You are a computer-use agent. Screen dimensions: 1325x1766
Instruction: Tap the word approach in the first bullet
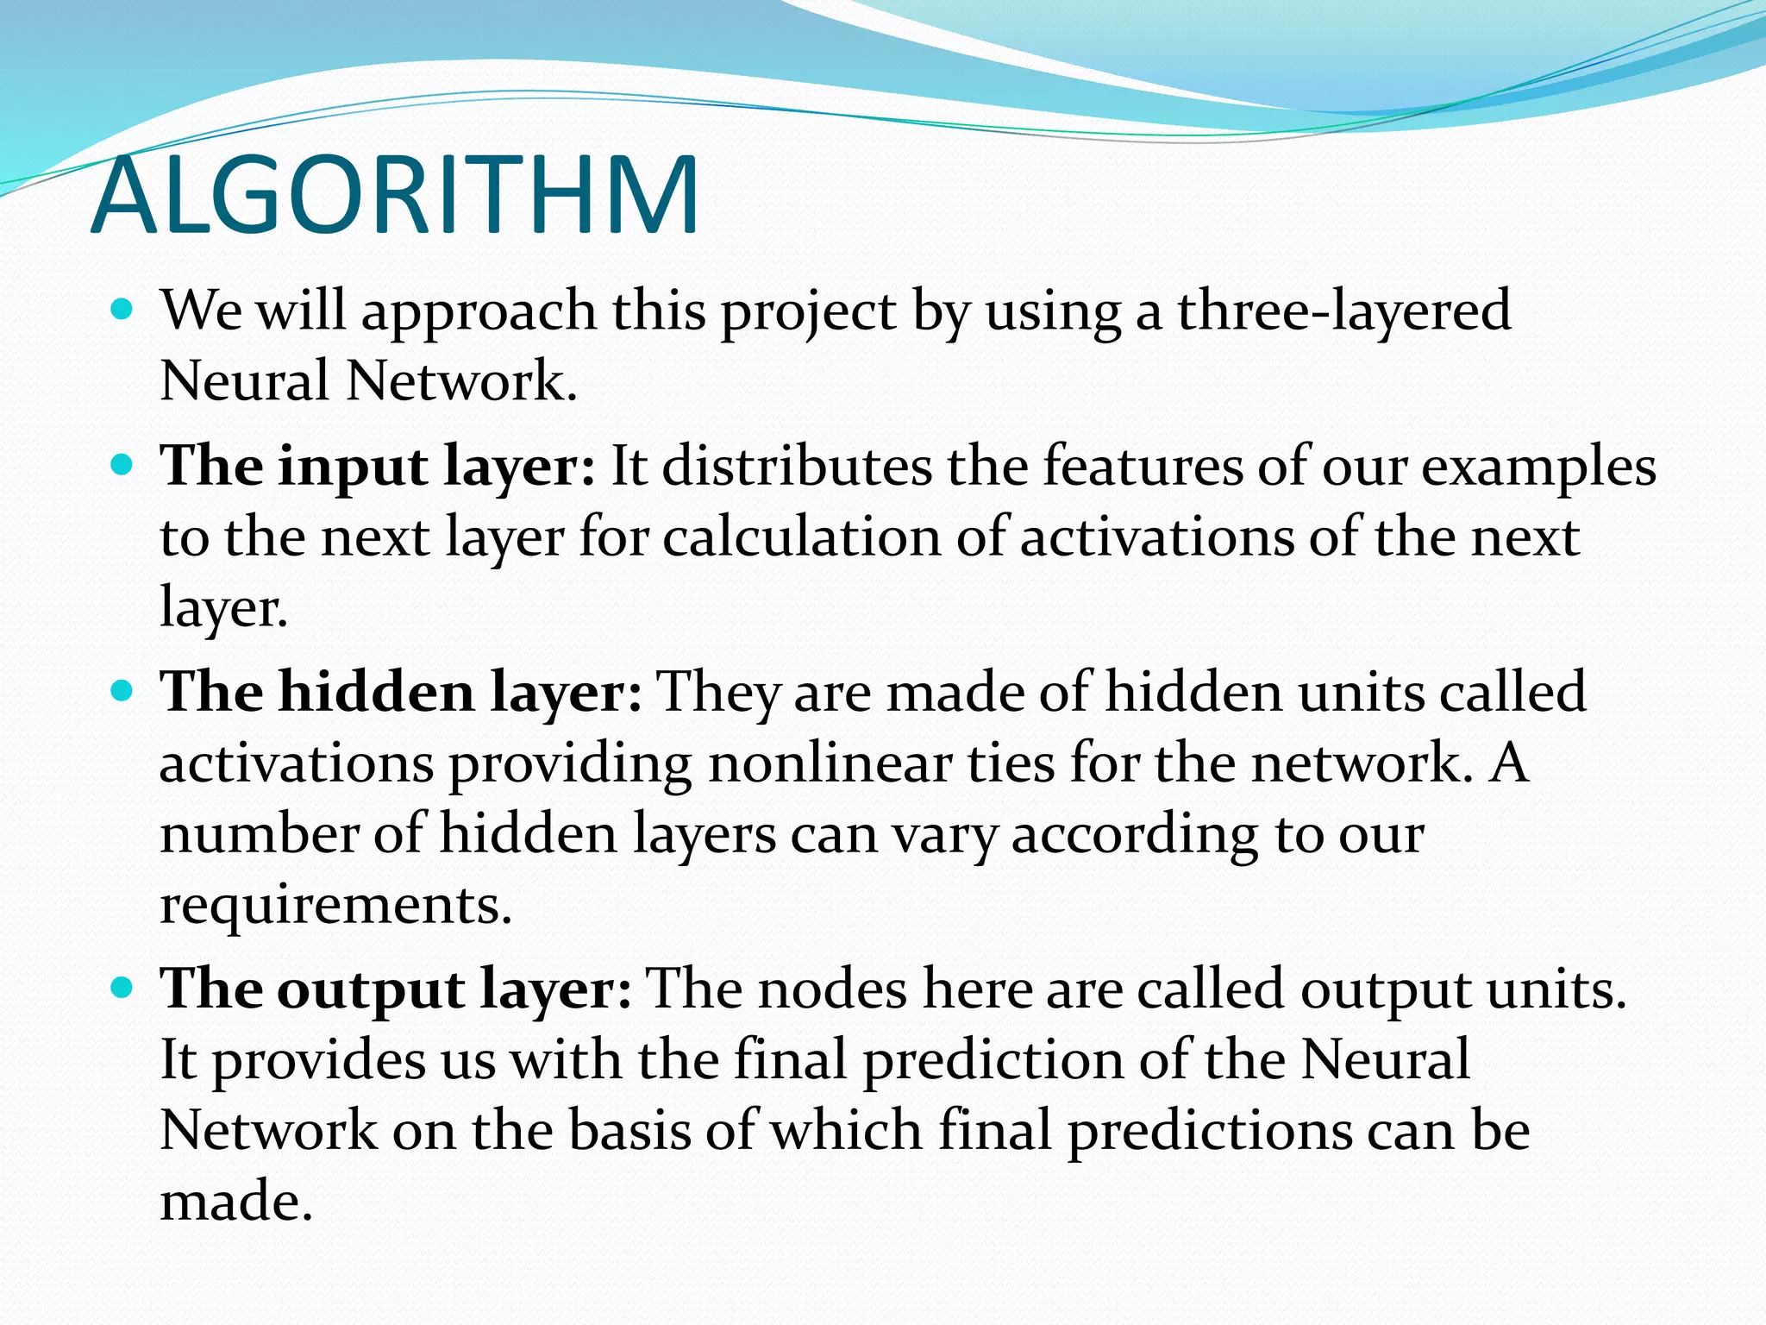coord(479,312)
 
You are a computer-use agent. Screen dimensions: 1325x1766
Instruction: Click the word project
coord(808,312)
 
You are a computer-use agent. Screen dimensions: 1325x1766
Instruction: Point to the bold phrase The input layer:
coord(378,468)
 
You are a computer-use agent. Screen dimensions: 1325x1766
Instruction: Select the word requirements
coord(335,906)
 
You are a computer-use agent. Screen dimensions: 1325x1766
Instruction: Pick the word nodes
coord(832,989)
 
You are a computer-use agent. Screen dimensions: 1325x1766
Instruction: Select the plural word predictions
coord(1211,1132)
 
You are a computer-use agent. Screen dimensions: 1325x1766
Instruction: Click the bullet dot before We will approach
coord(123,308)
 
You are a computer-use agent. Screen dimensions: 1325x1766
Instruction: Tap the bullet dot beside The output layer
coord(123,985)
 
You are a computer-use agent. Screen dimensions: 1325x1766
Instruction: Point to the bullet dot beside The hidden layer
coord(123,689)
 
